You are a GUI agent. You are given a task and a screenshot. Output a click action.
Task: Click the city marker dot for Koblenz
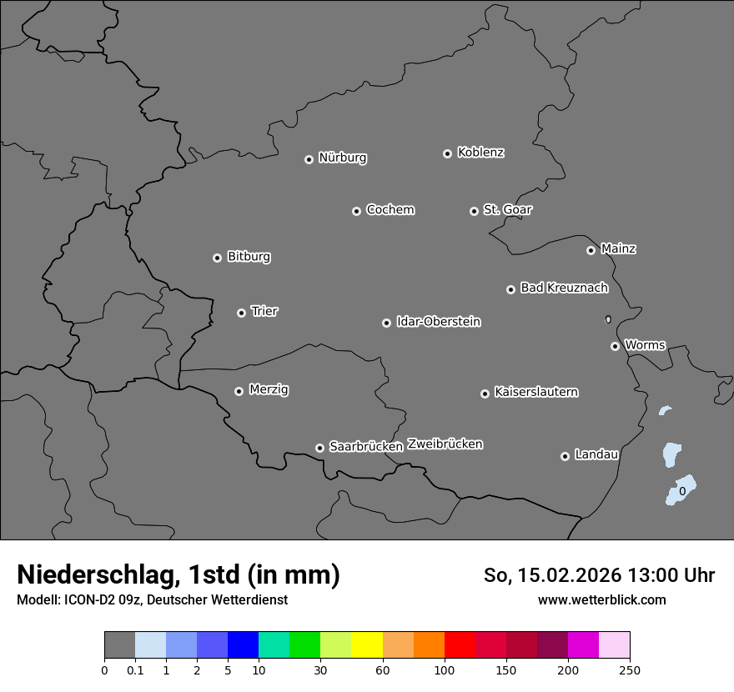[447, 153]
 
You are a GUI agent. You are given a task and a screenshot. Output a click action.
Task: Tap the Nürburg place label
[342, 158]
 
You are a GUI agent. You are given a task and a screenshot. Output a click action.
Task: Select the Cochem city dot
[356, 211]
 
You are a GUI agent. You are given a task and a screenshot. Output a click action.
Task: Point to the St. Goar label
[507, 209]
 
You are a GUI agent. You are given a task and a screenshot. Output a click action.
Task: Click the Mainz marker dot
[591, 250]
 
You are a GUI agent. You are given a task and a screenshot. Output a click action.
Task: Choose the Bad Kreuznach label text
[564, 288]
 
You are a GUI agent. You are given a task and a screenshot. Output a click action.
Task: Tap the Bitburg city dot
[217, 258]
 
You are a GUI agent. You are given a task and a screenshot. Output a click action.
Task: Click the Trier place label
[264, 311]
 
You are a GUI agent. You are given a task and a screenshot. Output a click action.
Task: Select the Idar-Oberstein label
[438, 321]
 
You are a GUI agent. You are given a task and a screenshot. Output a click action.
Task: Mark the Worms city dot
[615, 346]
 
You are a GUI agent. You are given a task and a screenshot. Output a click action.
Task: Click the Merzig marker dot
[239, 391]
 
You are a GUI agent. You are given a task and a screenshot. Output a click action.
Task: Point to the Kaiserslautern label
[535, 392]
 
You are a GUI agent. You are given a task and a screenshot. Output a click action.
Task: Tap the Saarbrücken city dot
[319, 448]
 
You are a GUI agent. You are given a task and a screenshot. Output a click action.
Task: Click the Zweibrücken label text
[445, 444]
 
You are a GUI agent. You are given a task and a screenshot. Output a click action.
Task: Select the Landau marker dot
[565, 456]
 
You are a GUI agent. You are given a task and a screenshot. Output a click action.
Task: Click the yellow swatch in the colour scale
[367, 645]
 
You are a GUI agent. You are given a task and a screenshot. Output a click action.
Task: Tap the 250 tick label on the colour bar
[630, 669]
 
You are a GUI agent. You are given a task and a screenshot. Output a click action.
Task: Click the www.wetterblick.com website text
[601, 599]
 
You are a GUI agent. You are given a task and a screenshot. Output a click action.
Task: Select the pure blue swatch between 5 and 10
[243, 645]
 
